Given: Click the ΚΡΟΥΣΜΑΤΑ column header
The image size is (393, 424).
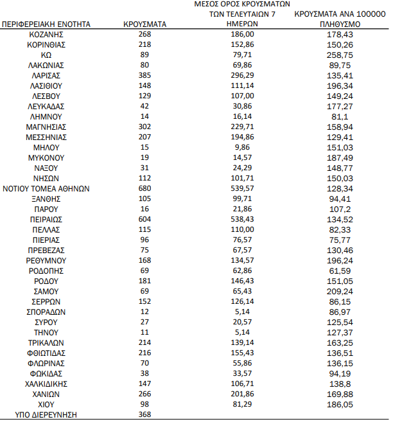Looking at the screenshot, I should pyautogui.click(x=144, y=24).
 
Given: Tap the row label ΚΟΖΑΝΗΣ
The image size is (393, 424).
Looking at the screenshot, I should pyautogui.click(x=46, y=34).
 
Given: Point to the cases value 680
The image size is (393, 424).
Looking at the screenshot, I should pyautogui.click(x=144, y=188).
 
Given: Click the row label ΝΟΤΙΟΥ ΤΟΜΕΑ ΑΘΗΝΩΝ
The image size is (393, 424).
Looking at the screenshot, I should pyautogui.click(x=46, y=188).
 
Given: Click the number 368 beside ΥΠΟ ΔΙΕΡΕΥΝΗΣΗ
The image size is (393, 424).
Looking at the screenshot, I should pyautogui.click(x=144, y=414).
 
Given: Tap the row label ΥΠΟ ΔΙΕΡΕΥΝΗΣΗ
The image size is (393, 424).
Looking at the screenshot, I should pyautogui.click(x=46, y=414).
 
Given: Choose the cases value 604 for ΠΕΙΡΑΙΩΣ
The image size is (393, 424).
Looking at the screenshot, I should pyautogui.click(x=144, y=219).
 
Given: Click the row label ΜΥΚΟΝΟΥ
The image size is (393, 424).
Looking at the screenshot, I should pyautogui.click(x=46, y=157).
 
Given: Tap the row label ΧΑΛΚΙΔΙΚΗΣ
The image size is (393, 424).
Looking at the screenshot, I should pyautogui.click(x=46, y=384).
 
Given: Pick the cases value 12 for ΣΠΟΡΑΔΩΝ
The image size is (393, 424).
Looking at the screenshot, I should pyautogui.click(x=144, y=312).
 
